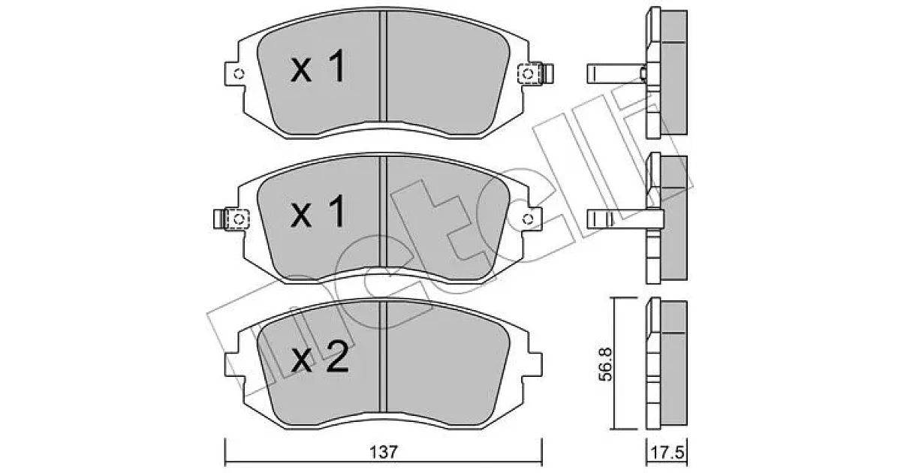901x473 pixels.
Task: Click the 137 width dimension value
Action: click(x=384, y=452)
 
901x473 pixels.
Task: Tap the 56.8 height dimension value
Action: click(x=605, y=364)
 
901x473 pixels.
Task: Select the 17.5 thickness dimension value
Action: click(x=667, y=453)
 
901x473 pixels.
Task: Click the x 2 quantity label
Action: click(x=320, y=357)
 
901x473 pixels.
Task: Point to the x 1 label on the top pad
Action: click(x=318, y=66)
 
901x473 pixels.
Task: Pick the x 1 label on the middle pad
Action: click(x=318, y=211)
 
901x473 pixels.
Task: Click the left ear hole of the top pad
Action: click(x=239, y=74)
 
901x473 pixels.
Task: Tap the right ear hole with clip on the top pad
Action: click(x=528, y=74)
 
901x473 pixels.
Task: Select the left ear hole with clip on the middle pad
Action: click(x=239, y=219)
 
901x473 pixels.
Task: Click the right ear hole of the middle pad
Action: click(x=528, y=219)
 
